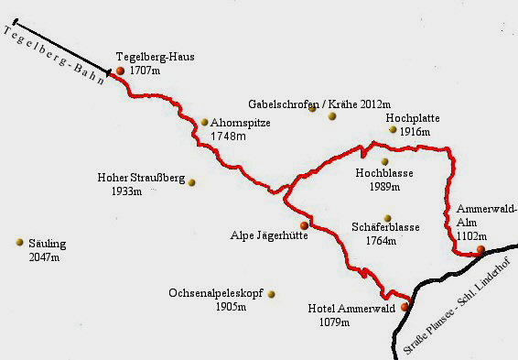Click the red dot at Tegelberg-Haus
coord(120,71)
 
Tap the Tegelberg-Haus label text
coord(156,57)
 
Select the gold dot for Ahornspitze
coord(205,122)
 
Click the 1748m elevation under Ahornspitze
coord(229,136)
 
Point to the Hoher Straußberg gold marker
coord(192,182)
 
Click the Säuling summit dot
coord(18,242)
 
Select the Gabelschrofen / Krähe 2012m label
coord(319,104)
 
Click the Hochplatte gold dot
coord(393,130)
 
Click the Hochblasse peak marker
coord(384,162)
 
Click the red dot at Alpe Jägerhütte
coord(304,225)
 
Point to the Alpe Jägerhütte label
coord(268,235)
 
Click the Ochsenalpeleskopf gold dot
coord(271,294)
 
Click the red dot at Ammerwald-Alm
coord(480,249)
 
